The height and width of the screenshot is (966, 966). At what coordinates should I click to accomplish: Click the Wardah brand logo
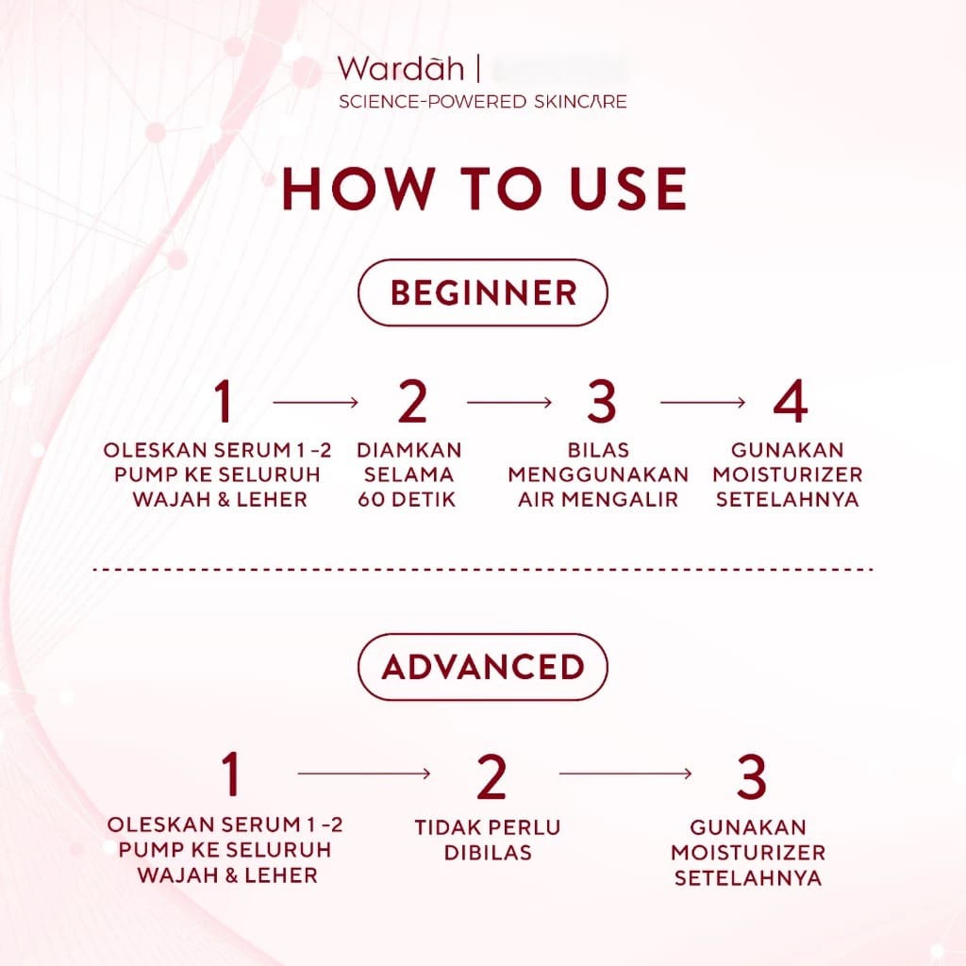401,70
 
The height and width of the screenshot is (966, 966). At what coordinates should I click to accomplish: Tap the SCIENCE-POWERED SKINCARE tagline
482,101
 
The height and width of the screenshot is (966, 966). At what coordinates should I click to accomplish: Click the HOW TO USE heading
483,189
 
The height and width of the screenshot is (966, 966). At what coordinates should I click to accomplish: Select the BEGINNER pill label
482,292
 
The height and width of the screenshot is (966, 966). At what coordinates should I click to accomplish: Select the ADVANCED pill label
482,667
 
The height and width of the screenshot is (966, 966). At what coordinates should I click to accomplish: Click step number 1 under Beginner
223,402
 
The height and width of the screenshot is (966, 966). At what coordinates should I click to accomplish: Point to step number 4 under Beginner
790,402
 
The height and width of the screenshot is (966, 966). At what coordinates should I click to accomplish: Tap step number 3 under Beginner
600,402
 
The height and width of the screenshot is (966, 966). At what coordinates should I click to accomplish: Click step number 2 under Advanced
491,775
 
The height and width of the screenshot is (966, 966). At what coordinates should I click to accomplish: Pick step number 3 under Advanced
751,775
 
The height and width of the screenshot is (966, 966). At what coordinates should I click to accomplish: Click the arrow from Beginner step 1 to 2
316,402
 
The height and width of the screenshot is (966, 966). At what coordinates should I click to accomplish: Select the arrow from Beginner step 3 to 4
704,402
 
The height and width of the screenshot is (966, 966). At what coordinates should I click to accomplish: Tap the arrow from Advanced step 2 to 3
625,774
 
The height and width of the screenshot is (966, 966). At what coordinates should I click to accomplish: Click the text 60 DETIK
408,500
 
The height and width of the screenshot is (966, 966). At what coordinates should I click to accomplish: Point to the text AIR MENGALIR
598,500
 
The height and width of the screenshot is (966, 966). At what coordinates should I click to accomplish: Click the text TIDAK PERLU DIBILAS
487,840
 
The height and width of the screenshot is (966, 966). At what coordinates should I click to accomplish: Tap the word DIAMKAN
409,449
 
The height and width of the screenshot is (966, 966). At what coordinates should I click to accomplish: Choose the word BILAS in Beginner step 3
598,449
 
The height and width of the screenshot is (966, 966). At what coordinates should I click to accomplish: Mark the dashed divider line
483,570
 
